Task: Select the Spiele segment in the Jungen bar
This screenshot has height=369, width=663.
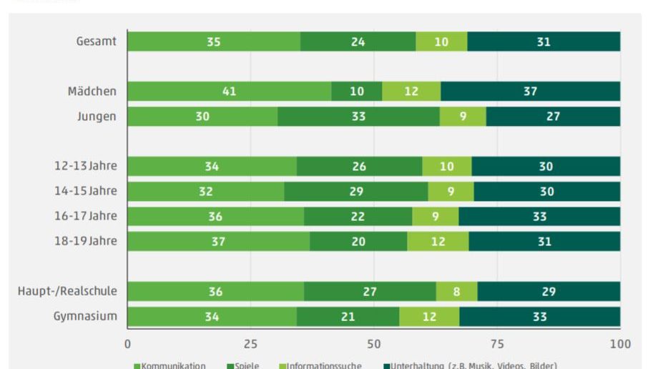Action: (358, 117)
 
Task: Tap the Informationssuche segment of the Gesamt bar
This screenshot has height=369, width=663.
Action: (441, 42)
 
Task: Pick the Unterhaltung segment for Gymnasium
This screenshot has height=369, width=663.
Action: (539, 317)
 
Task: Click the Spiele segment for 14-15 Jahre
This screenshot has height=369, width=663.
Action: (356, 192)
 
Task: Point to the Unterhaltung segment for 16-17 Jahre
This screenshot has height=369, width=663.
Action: (539, 217)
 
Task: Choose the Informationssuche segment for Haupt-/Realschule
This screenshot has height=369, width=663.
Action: (457, 292)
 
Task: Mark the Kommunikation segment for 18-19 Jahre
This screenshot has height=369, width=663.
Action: (218, 242)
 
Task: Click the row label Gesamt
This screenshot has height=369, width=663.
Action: (97, 41)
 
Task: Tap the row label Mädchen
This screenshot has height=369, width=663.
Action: (92, 92)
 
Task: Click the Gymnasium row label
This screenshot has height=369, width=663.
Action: (85, 316)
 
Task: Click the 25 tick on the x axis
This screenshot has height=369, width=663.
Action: (250, 344)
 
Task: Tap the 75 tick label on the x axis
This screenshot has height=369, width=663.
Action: (497, 344)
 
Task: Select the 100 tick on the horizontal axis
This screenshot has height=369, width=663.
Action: (620, 344)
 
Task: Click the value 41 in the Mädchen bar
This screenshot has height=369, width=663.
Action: (229, 92)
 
